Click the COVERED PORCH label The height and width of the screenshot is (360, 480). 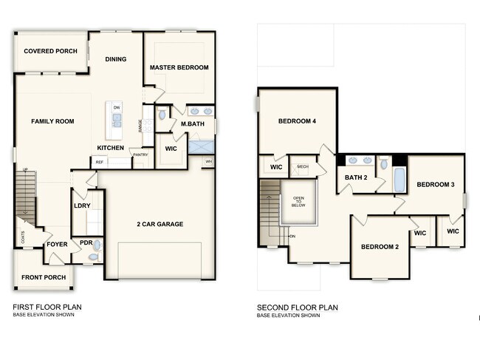50,51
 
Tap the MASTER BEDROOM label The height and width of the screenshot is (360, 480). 179,67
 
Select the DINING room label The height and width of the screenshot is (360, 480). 116,59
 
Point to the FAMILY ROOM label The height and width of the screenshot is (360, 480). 52,120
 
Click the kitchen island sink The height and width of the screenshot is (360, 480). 116,120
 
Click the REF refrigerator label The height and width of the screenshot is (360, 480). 99,161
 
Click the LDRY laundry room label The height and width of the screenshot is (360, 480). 82,206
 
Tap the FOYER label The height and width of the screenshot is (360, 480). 57,243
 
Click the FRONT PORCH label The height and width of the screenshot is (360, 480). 44,277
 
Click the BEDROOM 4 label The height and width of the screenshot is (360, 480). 297,121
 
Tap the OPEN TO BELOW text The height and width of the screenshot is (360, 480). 299,203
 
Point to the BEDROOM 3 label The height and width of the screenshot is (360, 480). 436,184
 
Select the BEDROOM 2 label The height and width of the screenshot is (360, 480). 380,246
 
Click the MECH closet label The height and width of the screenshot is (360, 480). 302,167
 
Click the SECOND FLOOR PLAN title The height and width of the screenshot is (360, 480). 297,307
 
